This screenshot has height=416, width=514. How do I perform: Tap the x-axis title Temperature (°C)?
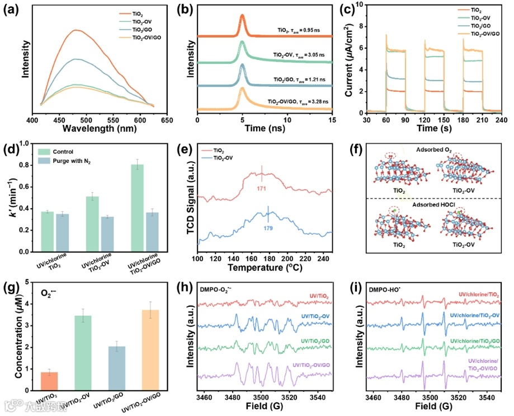(x=265, y=267)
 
